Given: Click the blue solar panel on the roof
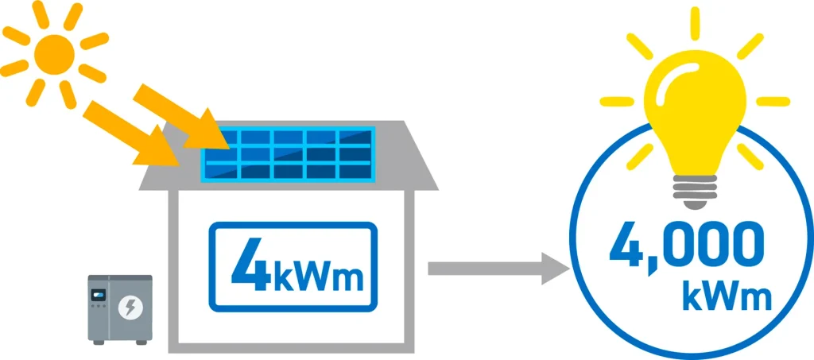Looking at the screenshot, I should coord(288,153).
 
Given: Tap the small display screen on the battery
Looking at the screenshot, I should coord(99,298).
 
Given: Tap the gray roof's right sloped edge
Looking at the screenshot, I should coord(421,155).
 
